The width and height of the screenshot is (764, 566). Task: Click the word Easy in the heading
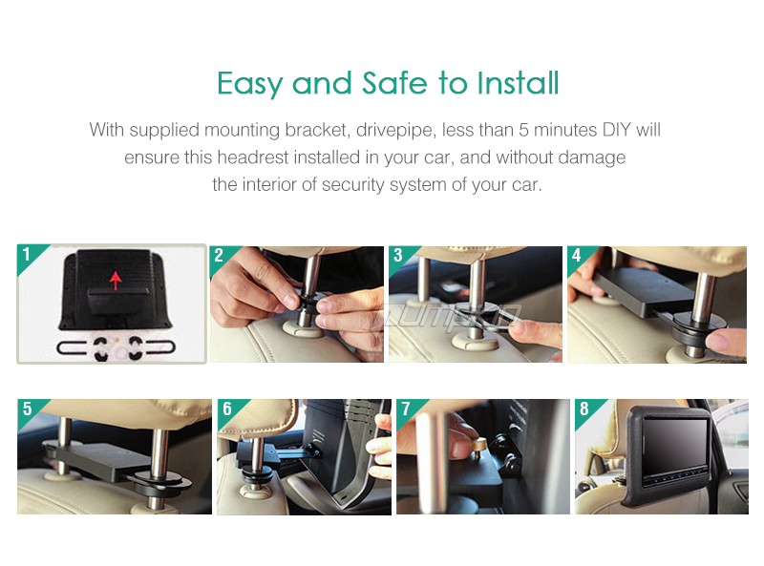pos(249,84)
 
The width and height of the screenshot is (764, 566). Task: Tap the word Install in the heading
pos(518,83)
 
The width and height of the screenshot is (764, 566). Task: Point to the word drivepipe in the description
pos(394,131)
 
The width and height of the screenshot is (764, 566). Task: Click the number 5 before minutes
pos(523,130)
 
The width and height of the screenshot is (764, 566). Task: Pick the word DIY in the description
pos(617,130)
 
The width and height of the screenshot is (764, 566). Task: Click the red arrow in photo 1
pos(116,281)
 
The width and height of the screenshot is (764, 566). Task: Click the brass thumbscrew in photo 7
pos(479,447)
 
